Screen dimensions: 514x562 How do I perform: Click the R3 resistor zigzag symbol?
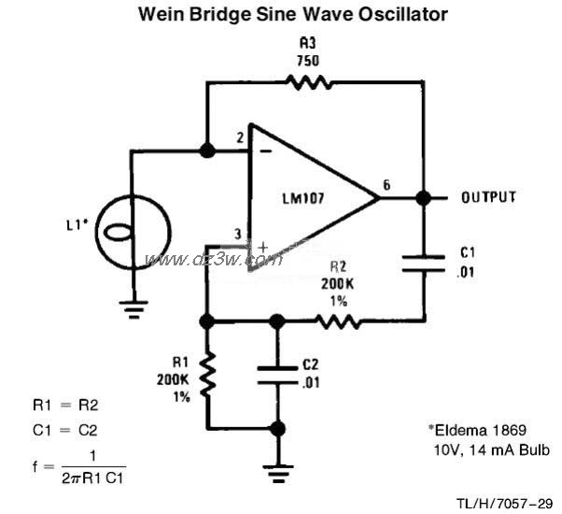pyautogui.click(x=309, y=82)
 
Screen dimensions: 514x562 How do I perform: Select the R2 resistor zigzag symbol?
pyautogui.click(x=337, y=321)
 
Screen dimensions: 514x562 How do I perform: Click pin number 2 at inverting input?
pyautogui.click(x=239, y=139)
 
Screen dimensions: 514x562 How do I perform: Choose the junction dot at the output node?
pyautogui.click(x=423, y=198)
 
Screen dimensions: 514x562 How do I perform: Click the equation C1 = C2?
pyautogui.click(x=63, y=431)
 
